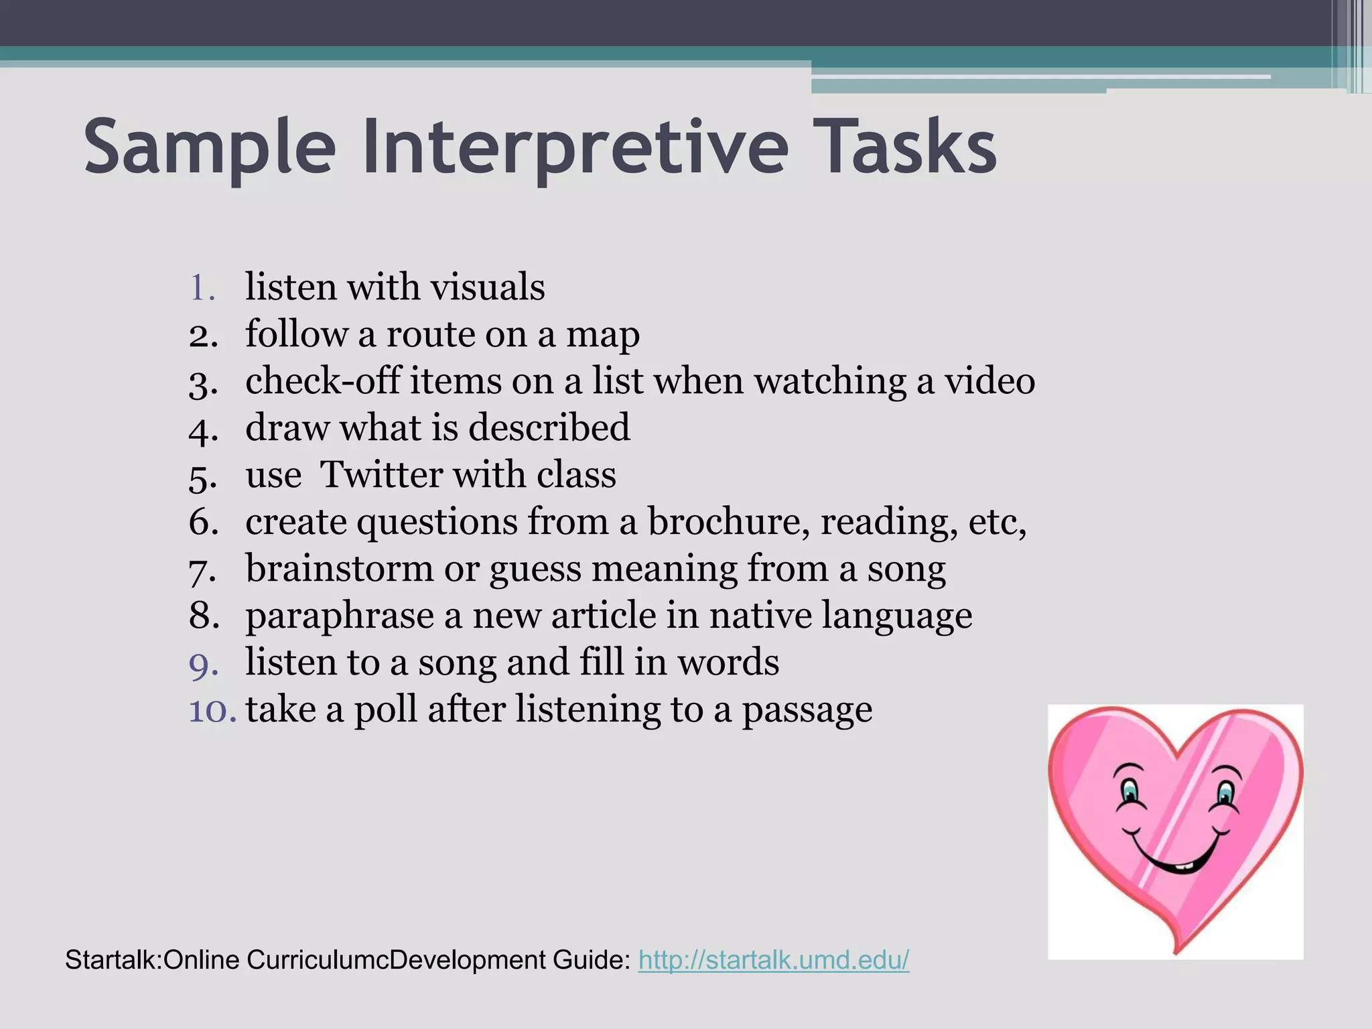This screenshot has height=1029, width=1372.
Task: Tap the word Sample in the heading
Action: tap(209, 149)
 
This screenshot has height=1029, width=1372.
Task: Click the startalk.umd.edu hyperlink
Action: tap(774, 960)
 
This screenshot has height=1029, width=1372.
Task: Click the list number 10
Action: tap(212, 710)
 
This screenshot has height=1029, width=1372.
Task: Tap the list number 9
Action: tap(203, 663)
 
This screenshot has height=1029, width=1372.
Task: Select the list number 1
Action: tap(202, 288)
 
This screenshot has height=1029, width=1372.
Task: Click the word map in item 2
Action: tap(603, 335)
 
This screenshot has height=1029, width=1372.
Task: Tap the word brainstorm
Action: tap(340, 569)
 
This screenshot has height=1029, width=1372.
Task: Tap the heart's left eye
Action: tap(1129, 792)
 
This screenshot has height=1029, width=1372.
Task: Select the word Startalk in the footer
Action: tap(111, 960)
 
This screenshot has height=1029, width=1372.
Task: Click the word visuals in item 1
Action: tap(487, 287)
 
